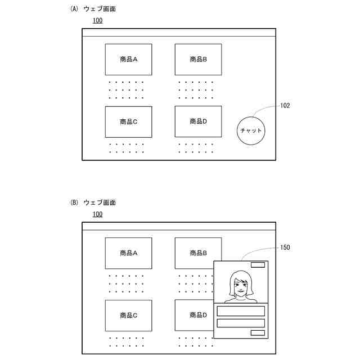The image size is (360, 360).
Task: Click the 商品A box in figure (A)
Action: click(x=128, y=59)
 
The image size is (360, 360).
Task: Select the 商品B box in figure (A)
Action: click(x=198, y=59)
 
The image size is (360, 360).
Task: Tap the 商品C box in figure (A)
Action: click(x=128, y=121)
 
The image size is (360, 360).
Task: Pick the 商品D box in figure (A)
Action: click(x=198, y=121)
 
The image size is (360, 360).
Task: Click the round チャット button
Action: click(x=251, y=130)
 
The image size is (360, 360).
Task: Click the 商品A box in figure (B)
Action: click(x=128, y=253)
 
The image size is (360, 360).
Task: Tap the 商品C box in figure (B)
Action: click(x=128, y=316)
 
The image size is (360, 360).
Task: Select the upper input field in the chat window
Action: click(x=241, y=311)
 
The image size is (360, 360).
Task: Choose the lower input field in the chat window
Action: click(x=241, y=323)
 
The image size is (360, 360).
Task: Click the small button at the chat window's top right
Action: click(x=258, y=265)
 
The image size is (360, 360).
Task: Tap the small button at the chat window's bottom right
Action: click(x=258, y=333)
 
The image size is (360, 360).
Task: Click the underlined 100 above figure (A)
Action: click(x=97, y=21)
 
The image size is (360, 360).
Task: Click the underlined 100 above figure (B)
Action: click(x=97, y=214)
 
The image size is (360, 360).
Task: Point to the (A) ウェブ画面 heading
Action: click(x=93, y=9)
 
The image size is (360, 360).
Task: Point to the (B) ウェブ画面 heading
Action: click(x=93, y=202)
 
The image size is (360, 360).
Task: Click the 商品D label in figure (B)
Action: click(x=198, y=315)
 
